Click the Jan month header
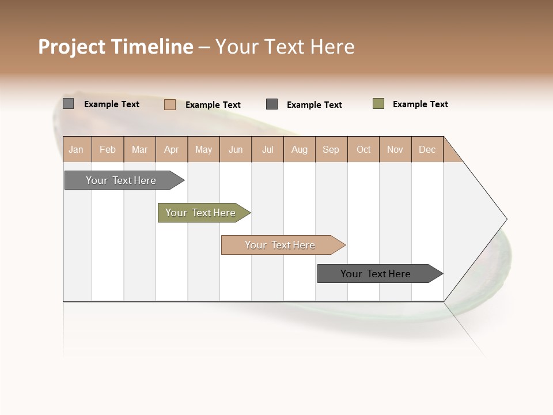pyautogui.click(x=77, y=149)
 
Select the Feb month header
pyautogui.click(x=108, y=149)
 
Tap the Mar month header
pyautogui.click(x=139, y=149)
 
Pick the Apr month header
pyautogui.click(x=172, y=149)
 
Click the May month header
pyautogui.click(x=203, y=149)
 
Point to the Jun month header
pyautogui.click(x=236, y=149)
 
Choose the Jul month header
pyautogui.click(x=267, y=149)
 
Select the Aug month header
pyautogui.click(x=300, y=149)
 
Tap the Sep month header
pyautogui.click(x=331, y=149)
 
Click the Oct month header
pyautogui.click(x=363, y=149)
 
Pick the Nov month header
pyautogui.click(x=395, y=149)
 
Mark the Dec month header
pyautogui.click(x=427, y=149)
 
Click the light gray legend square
pyautogui.click(x=69, y=104)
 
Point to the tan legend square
pyautogui.click(x=170, y=104)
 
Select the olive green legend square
pyautogui.click(x=378, y=104)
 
